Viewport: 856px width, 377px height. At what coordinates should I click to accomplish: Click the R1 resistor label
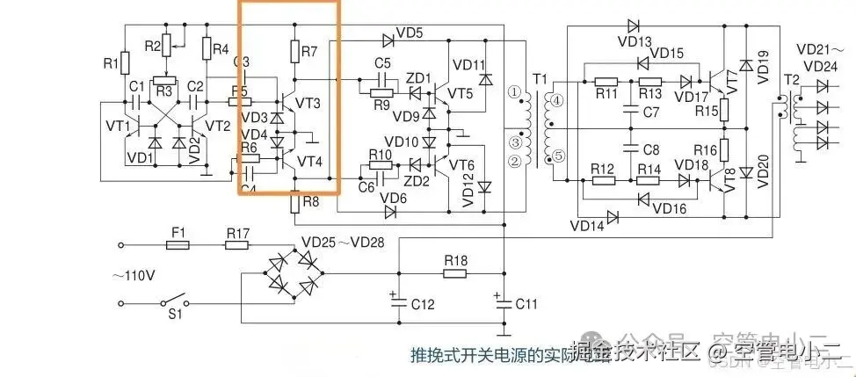click(x=110, y=63)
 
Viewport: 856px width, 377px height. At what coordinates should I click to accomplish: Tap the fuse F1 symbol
click(x=178, y=246)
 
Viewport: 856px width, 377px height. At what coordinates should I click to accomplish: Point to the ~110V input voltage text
click(x=132, y=275)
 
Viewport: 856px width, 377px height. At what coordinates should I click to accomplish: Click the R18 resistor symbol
click(x=454, y=273)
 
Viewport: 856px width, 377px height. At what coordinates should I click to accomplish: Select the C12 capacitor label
click(x=423, y=304)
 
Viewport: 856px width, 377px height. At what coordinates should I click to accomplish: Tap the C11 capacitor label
click(x=526, y=304)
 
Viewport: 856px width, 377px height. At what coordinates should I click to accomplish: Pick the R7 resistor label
click(x=308, y=53)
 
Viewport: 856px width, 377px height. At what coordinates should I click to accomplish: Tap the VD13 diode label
click(x=635, y=41)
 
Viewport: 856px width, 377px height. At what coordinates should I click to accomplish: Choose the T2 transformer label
click(x=791, y=80)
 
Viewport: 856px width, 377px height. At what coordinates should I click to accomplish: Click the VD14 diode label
click(x=587, y=225)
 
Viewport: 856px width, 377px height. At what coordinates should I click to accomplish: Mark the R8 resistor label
click(x=310, y=201)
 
